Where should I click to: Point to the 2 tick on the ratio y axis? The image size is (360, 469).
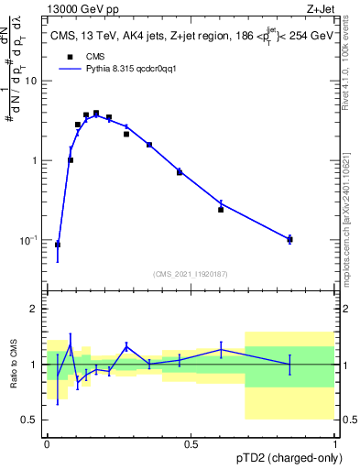point(35,309)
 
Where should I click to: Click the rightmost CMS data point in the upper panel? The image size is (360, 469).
point(289,239)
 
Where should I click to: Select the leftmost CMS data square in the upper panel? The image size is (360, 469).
point(58,245)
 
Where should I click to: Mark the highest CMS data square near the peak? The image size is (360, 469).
point(96,113)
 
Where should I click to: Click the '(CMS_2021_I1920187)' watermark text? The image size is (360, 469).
point(191,273)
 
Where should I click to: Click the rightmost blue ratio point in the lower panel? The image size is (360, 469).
point(289,365)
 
